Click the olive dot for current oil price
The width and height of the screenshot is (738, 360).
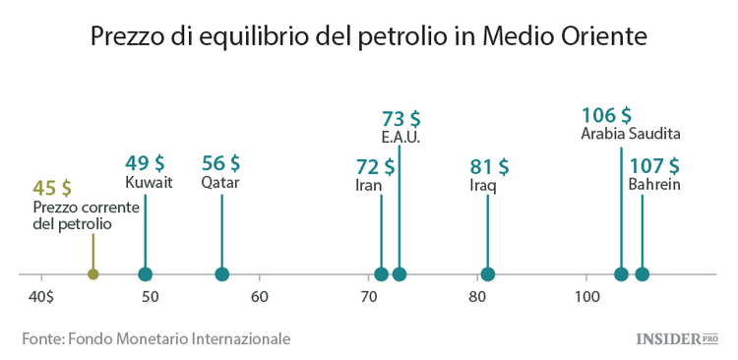tap(93, 274)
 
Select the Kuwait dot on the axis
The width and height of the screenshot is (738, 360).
tap(146, 274)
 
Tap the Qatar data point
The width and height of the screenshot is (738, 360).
tap(221, 274)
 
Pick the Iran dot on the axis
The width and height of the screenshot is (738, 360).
tap(382, 274)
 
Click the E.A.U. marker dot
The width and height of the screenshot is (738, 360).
tap(399, 274)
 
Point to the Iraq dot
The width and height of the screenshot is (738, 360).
tap(487, 274)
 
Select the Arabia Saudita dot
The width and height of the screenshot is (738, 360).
tap(622, 274)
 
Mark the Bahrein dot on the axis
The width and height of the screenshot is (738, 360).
tap(643, 274)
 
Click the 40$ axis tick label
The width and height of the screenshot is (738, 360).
tap(41, 296)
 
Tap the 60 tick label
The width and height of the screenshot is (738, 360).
tap(259, 296)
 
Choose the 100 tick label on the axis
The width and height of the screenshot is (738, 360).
tap(586, 296)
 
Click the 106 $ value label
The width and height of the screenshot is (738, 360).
tap(606, 115)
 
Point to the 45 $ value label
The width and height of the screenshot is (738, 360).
tap(52, 188)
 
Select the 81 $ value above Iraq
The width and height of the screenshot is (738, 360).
tap(489, 165)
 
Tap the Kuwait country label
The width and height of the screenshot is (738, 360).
tap(149, 183)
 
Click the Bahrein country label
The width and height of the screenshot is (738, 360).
tap(654, 184)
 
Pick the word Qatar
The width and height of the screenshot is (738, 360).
tap(220, 183)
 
